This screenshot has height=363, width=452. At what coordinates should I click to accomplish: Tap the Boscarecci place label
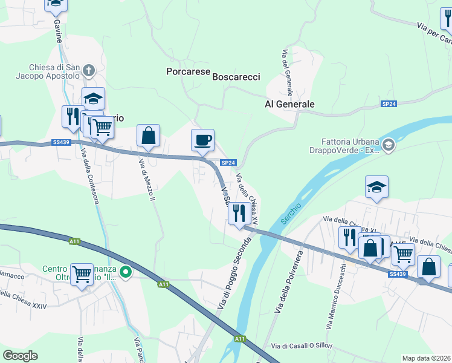point(236,77)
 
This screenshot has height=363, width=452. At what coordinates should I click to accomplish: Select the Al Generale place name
point(289,104)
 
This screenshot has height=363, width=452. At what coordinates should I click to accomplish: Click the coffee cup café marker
point(202,140)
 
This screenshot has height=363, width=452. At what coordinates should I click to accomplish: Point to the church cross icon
point(88,70)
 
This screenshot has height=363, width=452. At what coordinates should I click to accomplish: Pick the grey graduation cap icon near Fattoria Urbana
point(387,144)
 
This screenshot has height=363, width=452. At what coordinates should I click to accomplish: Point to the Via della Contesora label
point(88,175)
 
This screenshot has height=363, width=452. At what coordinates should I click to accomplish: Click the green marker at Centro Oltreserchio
point(126,273)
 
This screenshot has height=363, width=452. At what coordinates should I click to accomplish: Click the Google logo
point(21,356)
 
